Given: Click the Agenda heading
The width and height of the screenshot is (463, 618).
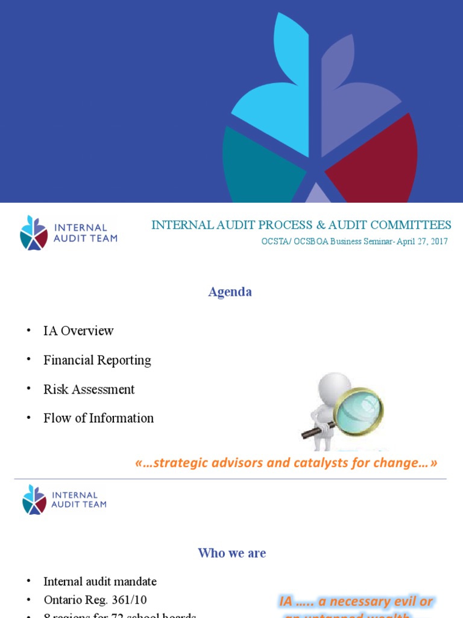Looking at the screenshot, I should (230, 292).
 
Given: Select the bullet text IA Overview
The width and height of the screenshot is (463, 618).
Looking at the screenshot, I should (78, 331).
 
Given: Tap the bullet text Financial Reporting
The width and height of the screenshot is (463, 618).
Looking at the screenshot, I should (97, 360).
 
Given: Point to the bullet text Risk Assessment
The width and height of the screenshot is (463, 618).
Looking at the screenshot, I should (89, 389).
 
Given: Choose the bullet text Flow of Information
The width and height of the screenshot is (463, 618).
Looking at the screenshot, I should (98, 418).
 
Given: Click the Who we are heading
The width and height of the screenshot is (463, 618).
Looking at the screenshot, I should (232, 553).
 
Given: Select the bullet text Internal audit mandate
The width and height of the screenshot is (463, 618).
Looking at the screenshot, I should (100, 582).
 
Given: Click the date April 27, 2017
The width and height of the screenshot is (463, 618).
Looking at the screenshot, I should (422, 241).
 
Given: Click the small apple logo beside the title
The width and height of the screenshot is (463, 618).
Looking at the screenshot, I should (34, 232).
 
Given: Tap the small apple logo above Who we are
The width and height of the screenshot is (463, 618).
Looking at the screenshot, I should (34, 500).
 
